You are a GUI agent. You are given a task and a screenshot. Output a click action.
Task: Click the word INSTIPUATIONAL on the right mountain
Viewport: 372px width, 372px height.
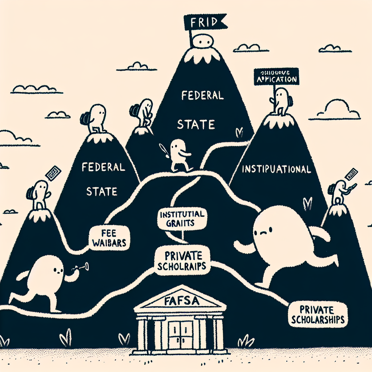pyautogui.click(x=276, y=169)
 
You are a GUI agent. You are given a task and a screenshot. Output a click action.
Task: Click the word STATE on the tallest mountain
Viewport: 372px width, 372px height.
pyautogui.click(x=196, y=125)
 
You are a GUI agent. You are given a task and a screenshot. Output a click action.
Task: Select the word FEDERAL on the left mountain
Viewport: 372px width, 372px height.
pyautogui.click(x=103, y=168)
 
